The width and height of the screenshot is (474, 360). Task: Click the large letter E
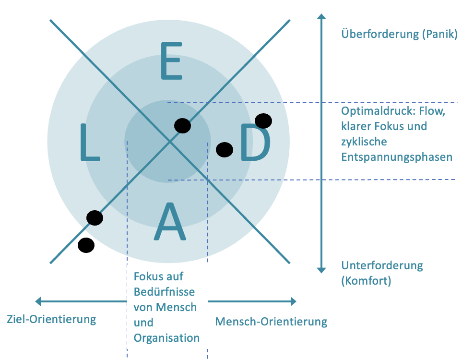coord(171,61)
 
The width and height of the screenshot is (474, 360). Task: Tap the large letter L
coord(90,142)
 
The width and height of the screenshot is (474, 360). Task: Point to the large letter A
coord(169,221)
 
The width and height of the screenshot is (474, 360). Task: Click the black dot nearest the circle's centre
coord(183,126)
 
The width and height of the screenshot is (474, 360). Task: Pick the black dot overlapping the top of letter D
coord(263,121)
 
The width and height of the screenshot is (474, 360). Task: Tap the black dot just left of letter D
coord(225,150)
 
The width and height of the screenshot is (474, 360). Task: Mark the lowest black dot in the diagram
coord(86,245)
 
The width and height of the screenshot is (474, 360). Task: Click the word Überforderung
coord(380,34)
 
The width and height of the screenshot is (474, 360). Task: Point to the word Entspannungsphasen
coord(397,157)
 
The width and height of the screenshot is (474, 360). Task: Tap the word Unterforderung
coord(382,265)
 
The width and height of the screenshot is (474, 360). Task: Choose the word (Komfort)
coord(366,281)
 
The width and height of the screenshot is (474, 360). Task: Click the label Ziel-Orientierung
coord(51,320)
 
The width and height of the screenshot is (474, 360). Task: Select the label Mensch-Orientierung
coord(271,322)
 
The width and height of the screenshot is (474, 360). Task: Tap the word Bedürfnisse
coord(164,292)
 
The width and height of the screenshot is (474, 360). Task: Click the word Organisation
coord(166,338)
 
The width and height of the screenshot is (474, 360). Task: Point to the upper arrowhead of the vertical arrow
coord(321,16)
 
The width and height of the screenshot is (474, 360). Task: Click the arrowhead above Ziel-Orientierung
coord(38,301)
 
